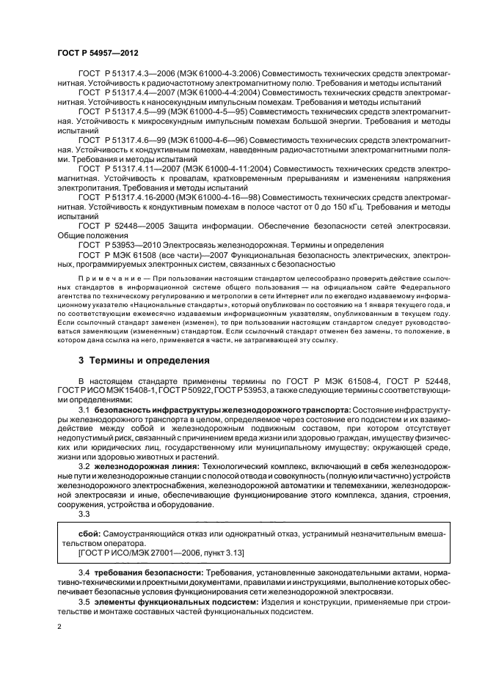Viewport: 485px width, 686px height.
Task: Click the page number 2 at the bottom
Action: [x=59, y=627]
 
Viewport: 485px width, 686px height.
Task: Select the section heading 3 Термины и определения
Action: [x=144, y=360]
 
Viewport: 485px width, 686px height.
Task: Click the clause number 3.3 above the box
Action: [x=84, y=513]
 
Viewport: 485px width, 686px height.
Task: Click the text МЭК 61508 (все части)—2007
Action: [x=164, y=254]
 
